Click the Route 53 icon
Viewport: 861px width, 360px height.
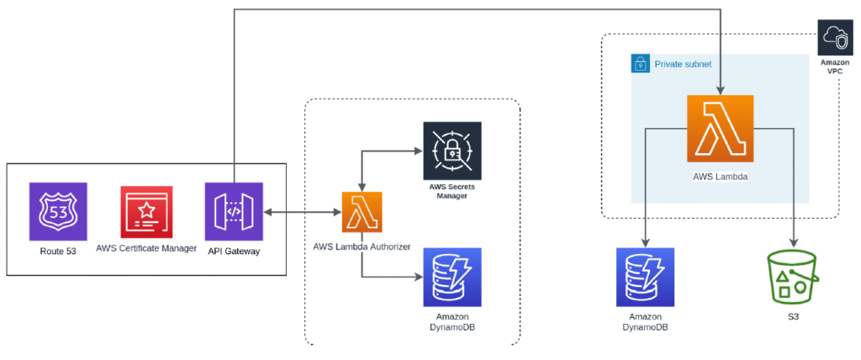58,211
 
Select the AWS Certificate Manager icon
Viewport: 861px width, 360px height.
147,211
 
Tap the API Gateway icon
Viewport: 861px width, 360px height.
234,211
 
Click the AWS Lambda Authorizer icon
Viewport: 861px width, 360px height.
362,212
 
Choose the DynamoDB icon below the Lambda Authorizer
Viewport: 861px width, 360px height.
452,277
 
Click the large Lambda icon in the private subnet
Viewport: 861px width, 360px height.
720,128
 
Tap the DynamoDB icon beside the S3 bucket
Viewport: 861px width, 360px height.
644,277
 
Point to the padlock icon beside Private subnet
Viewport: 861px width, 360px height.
640,63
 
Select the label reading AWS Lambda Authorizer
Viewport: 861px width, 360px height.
362,246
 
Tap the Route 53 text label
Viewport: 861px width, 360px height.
58,250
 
